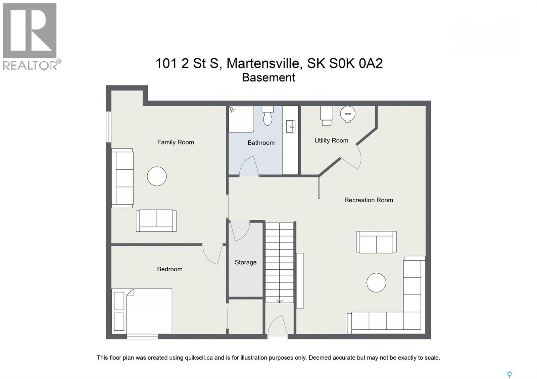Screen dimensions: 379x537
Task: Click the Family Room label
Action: (176, 142)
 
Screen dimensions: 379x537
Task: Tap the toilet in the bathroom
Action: (267, 116)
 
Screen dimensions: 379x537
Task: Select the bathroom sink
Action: (291, 127)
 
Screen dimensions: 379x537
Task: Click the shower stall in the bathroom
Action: (241, 119)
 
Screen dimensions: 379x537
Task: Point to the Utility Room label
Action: (331, 141)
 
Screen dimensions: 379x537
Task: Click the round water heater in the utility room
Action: (348, 114)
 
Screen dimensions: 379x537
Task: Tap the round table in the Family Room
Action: (157, 176)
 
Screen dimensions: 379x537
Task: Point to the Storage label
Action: (246, 262)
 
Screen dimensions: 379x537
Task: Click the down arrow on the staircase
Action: (280, 301)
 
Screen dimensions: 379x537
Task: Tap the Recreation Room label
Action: (369, 200)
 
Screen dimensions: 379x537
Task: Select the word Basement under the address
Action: (268, 77)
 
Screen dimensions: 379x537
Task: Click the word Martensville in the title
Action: (263, 63)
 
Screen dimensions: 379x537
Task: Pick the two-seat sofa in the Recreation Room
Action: (376, 242)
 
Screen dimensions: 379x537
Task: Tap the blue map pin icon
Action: (509, 375)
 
